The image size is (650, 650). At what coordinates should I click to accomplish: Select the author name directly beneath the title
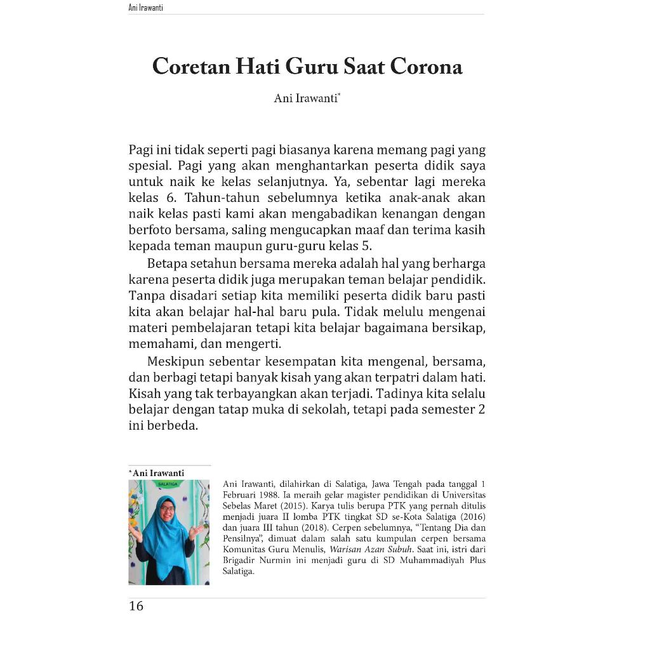(306, 98)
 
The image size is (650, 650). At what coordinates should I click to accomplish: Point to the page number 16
(136, 606)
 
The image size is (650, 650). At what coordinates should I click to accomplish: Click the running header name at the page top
(145, 8)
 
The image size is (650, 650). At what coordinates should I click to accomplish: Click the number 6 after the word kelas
(170, 197)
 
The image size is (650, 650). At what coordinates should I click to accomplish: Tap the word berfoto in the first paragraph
(151, 229)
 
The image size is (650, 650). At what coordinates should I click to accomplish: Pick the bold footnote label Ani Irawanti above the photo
(158, 473)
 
